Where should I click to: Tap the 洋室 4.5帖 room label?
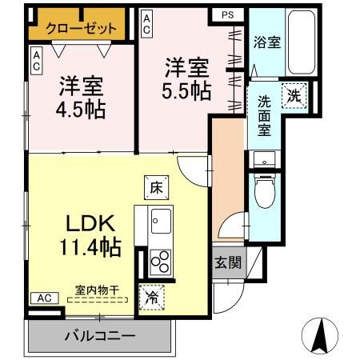click(x=81, y=95)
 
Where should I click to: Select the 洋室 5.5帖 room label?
click(x=188, y=78)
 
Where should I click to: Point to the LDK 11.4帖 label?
click(x=90, y=234)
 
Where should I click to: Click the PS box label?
click(x=228, y=14)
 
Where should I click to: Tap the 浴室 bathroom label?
click(x=266, y=42)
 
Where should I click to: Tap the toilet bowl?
click(x=263, y=190)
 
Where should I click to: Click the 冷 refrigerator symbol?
click(x=152, y=294)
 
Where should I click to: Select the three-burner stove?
click(x=160, y=260)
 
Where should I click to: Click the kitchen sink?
click(x=159, y=218)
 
